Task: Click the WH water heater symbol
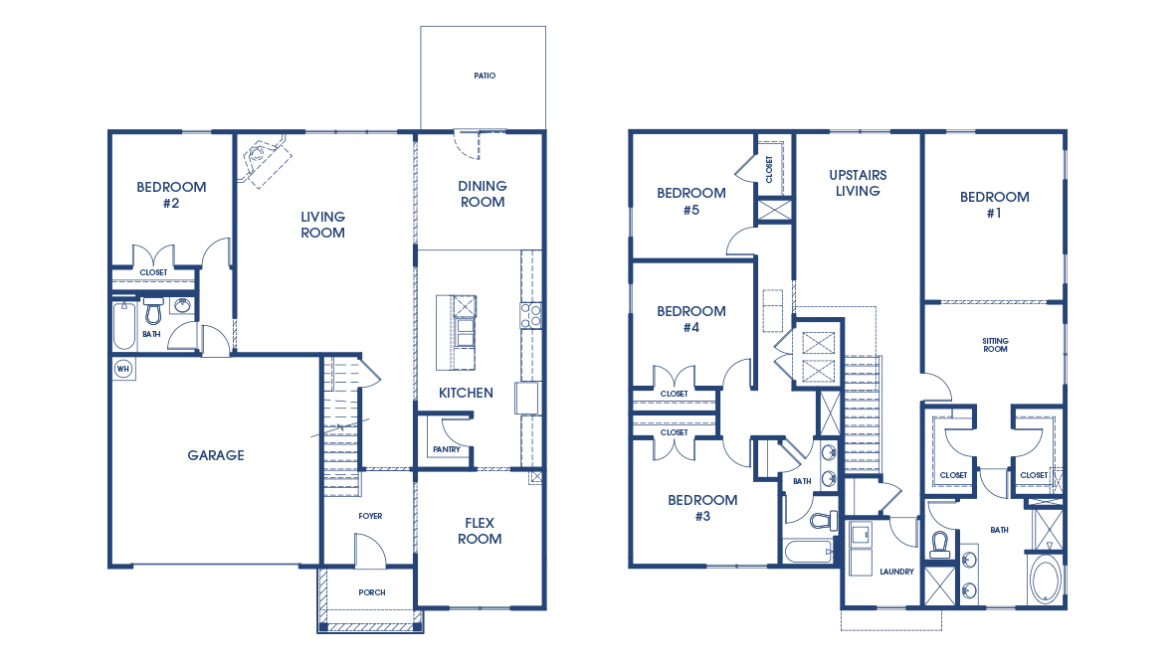(x=123, y=369)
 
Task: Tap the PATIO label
(x=484, y=76)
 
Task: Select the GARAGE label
(x=216, y=455)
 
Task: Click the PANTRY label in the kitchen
(x=446, y=450)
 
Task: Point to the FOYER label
(x=370, y=516)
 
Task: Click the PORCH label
(x=371, y=592)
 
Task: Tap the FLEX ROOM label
(x=480, y=531)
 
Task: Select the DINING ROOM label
(x=482, y=194)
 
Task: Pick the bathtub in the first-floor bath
(x=123, y=324)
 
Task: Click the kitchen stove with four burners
(x=530, y=316)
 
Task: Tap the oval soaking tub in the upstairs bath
(x=1045, y=580)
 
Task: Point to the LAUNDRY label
(x=896, y=572)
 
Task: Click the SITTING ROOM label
(x=995, y=345)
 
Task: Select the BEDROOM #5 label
(x=690, y=202)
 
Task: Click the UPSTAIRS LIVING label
(x=858, y=183)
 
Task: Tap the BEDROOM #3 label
(x=702, y=508)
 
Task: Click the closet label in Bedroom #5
(x=769, y=168)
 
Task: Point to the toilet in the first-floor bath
(x=153, y=312)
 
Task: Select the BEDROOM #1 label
(x=994, y=205)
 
